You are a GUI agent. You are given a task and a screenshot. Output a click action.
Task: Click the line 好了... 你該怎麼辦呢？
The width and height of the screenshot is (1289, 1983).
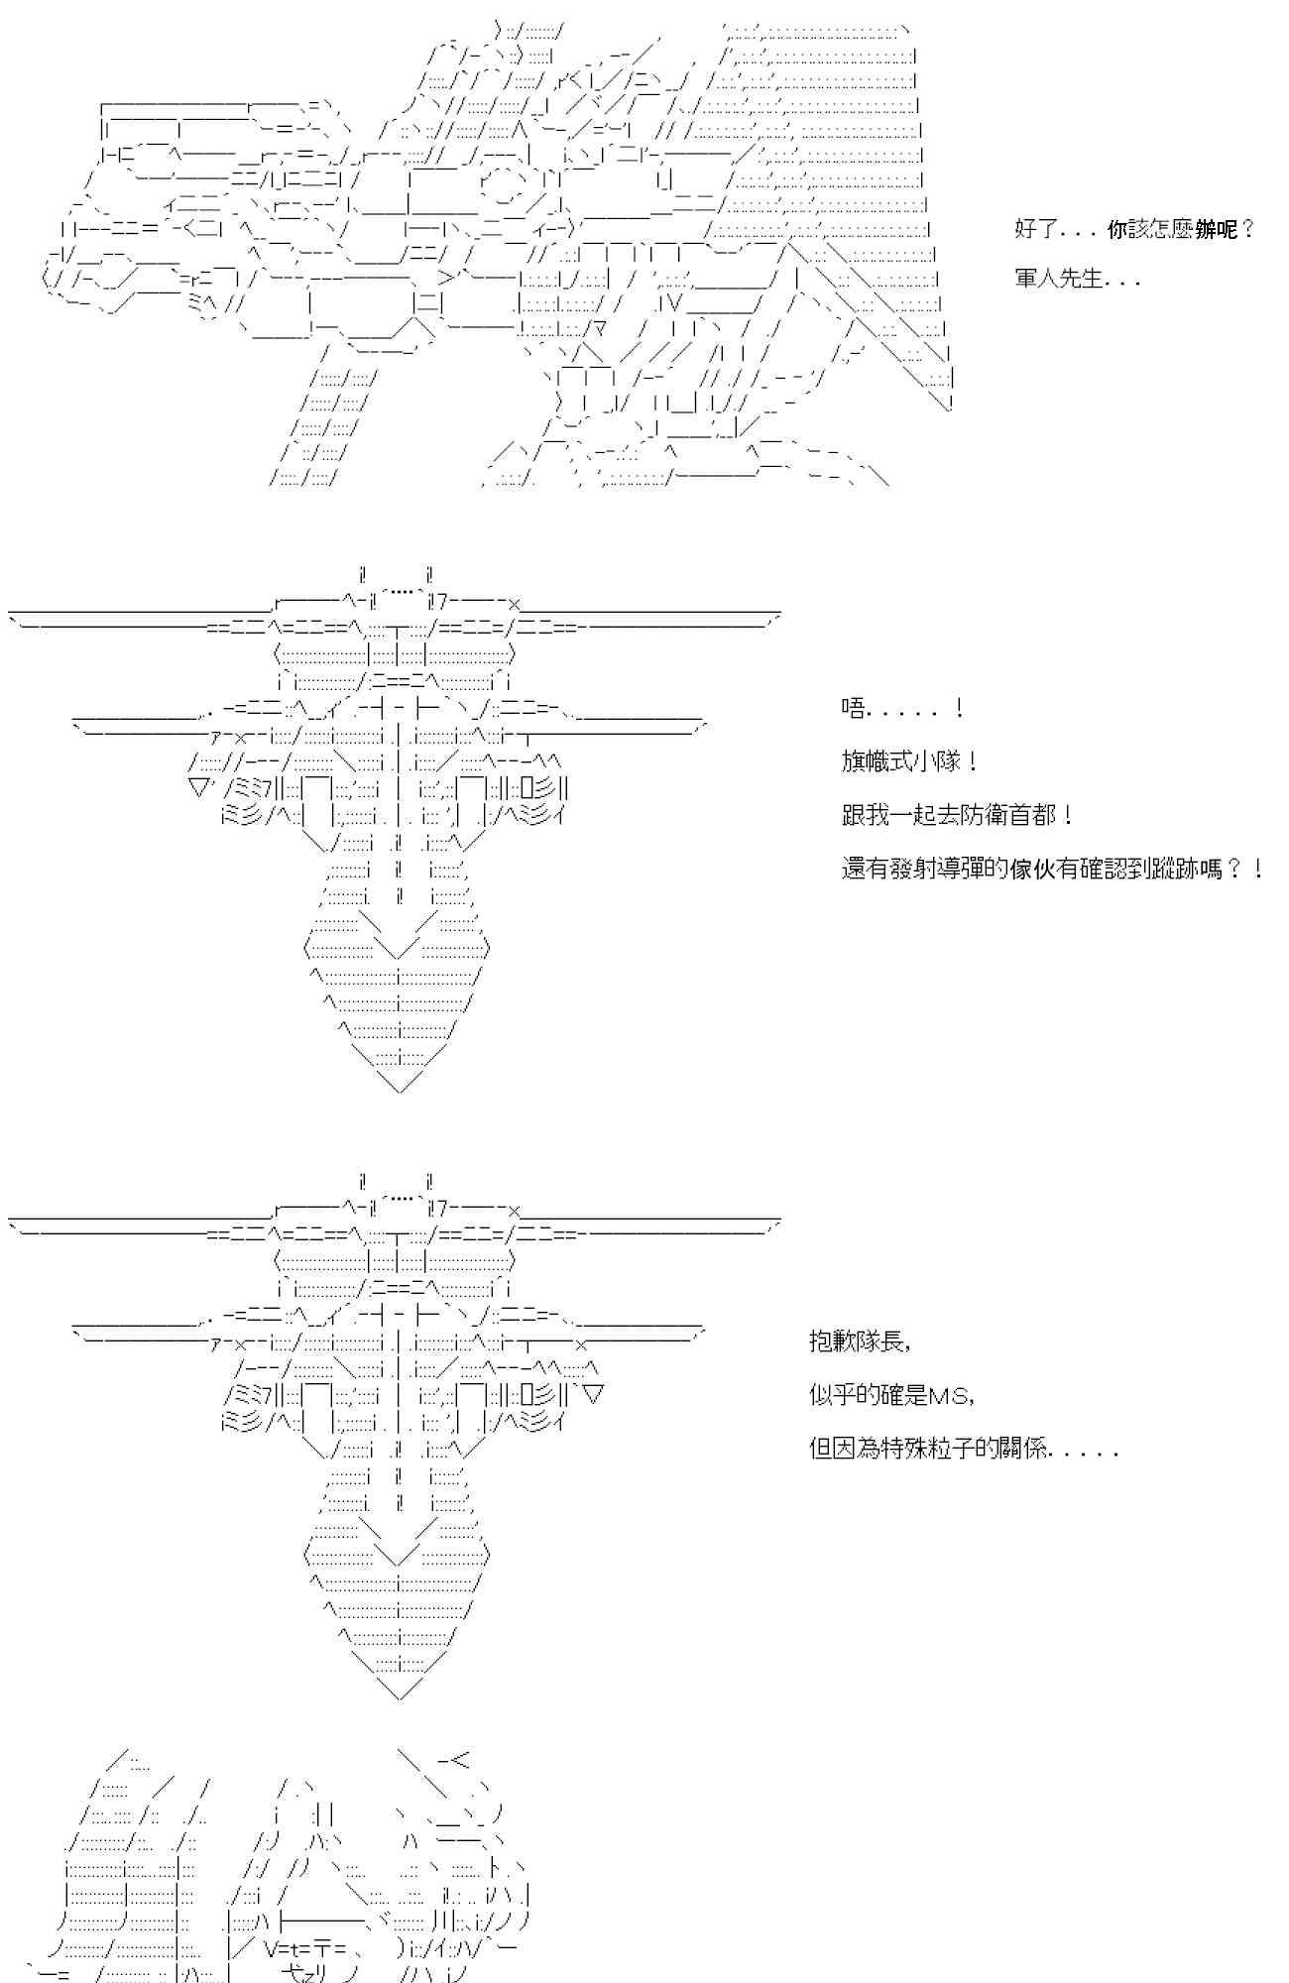click(x=1134, y=230)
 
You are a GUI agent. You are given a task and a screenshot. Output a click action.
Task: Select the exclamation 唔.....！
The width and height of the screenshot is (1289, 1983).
click(x=902, y=709)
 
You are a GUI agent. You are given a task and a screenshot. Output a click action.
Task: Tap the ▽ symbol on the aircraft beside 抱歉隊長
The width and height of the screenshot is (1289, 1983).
click(x=593, y=1394)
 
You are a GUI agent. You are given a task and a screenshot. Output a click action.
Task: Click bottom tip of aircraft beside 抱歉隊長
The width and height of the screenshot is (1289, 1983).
click(x=399, y=1696)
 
